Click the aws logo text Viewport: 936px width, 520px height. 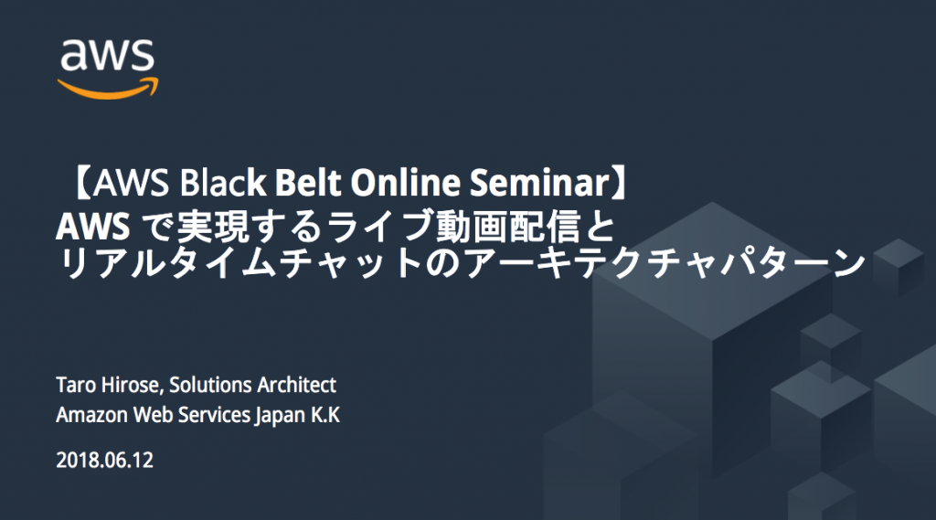coord(108,55)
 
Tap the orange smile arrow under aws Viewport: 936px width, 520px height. coord(108,89)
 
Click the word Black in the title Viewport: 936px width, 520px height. coord(223,183)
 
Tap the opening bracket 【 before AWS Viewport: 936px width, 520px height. coord(80,183)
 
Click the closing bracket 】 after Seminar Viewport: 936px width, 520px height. coord(622,183)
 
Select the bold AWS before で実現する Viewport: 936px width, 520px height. coord(92,227)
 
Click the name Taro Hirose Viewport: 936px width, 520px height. coord(108,385)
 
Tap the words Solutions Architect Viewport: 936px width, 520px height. coord(252,385)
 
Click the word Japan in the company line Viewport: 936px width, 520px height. coord(280,416)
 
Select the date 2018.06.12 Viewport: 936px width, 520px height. coord(104,461)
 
